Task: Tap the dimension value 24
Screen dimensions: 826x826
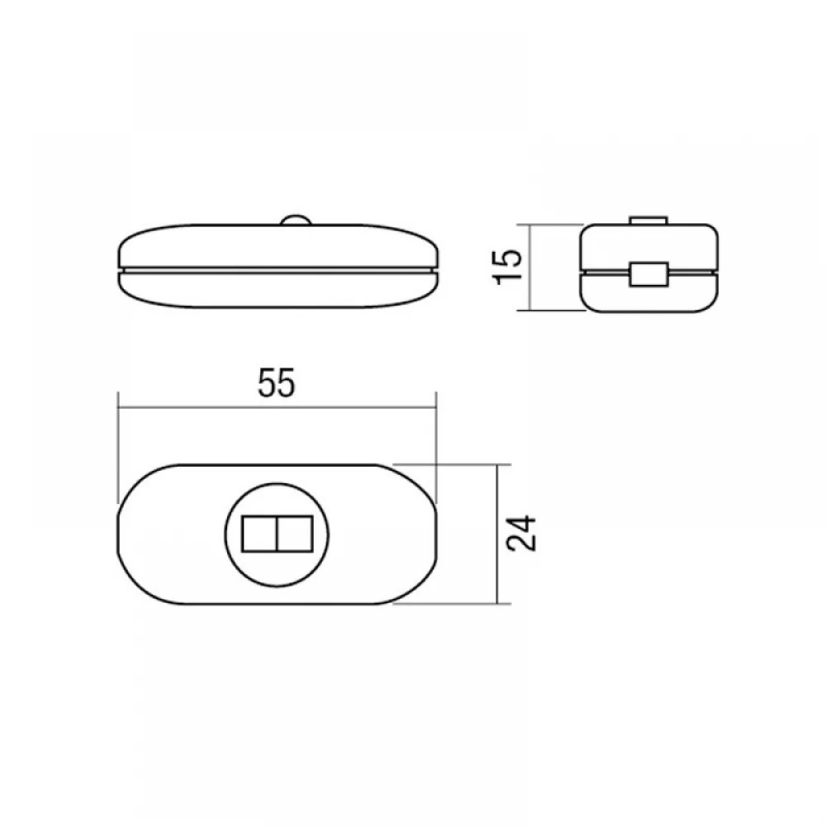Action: coord(521,533)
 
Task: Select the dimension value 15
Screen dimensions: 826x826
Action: coord(508,267)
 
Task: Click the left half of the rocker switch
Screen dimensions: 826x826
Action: coord(259,534)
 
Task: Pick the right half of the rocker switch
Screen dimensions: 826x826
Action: coord(295,534)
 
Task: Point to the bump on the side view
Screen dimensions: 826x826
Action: coord(296,221)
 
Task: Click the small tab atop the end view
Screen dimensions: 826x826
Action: coord(648,221)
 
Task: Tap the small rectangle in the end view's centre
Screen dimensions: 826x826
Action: coord(649,274)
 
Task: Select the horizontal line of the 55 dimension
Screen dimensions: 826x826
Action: coord(277,406)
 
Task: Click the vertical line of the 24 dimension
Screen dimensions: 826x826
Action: coord(497,534)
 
